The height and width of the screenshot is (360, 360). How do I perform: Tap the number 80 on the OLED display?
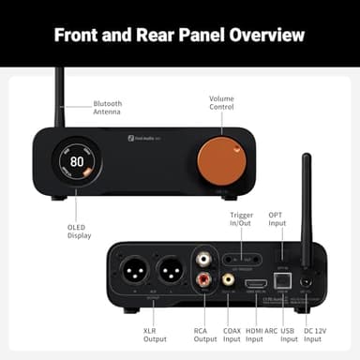(76, 161)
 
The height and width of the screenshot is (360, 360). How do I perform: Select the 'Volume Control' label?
(221, 101)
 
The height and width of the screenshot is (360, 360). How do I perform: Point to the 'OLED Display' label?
(80, 232)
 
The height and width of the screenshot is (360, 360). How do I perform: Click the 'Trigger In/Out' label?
(241, 221)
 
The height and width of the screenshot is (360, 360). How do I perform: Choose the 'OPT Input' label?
(276, 221)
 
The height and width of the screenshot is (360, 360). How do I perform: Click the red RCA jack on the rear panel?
(203, 278)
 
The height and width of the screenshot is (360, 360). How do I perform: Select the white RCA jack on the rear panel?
(203, 256)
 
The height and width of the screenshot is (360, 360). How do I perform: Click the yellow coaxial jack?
(228, 278)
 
